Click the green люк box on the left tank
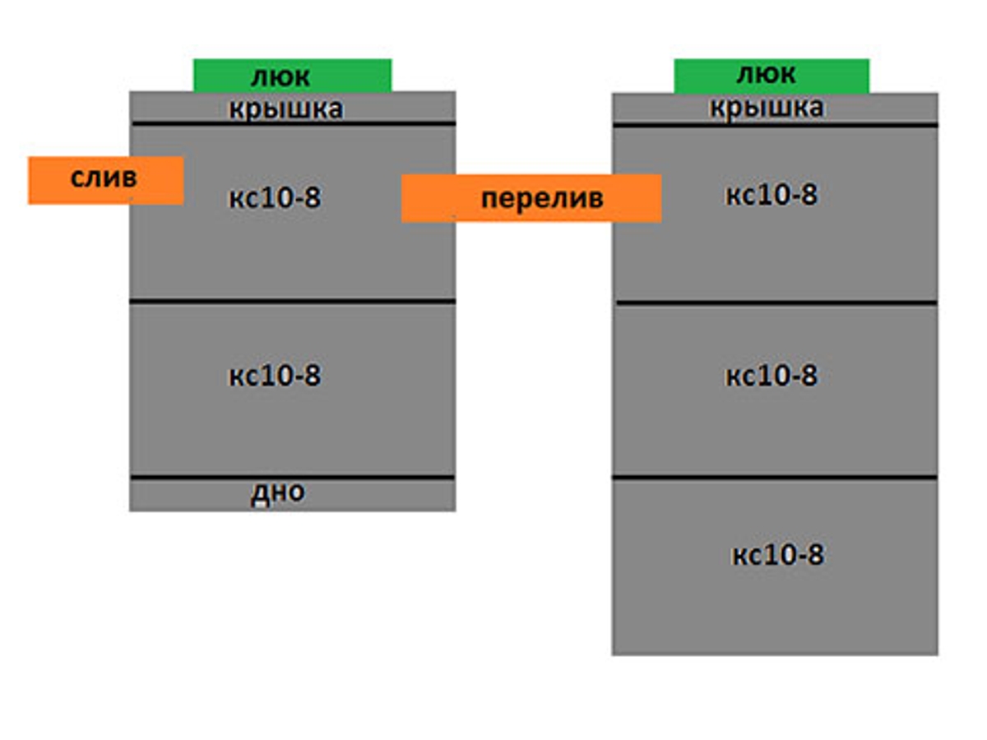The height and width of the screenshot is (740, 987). point(292,76)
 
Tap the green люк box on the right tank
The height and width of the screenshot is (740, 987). point(772,76)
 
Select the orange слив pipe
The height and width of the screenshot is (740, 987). point(105,180)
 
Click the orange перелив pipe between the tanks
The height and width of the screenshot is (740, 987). point(531,198)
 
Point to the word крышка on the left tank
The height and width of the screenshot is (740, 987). point(285,109)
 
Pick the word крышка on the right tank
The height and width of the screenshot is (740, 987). point(767,108)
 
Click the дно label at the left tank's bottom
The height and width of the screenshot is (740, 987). point(278,493)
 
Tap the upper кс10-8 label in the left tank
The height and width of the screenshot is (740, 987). point(274,198)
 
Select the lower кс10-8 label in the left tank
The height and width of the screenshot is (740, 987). point(274,376)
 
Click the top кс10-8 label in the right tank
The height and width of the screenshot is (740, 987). point(772,195)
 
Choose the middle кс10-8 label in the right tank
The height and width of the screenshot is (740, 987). point(772,376)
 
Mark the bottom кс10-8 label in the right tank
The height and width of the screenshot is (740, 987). point(777,555)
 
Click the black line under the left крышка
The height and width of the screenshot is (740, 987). point(292,124)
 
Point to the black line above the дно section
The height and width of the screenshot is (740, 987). point(292,477)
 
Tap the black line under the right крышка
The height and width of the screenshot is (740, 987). point(775,125)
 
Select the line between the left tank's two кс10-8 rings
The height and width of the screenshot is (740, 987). point(292,302)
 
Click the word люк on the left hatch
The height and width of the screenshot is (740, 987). point(280,77)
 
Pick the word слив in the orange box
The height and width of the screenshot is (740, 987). point(104,178)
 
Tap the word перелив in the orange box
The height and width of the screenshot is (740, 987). point(541,199)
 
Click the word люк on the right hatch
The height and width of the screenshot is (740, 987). point(766,74)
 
